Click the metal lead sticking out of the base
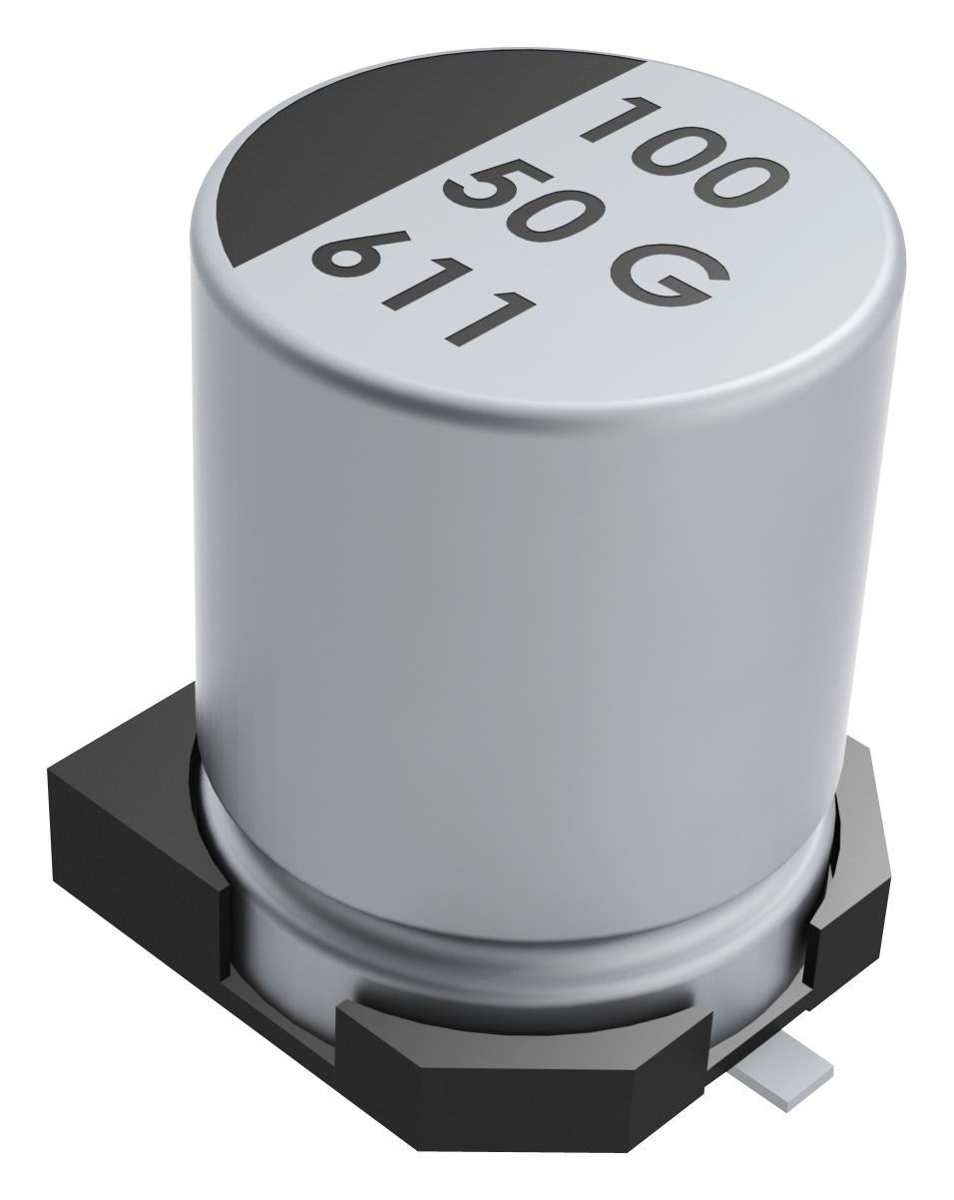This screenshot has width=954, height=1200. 788,1078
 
